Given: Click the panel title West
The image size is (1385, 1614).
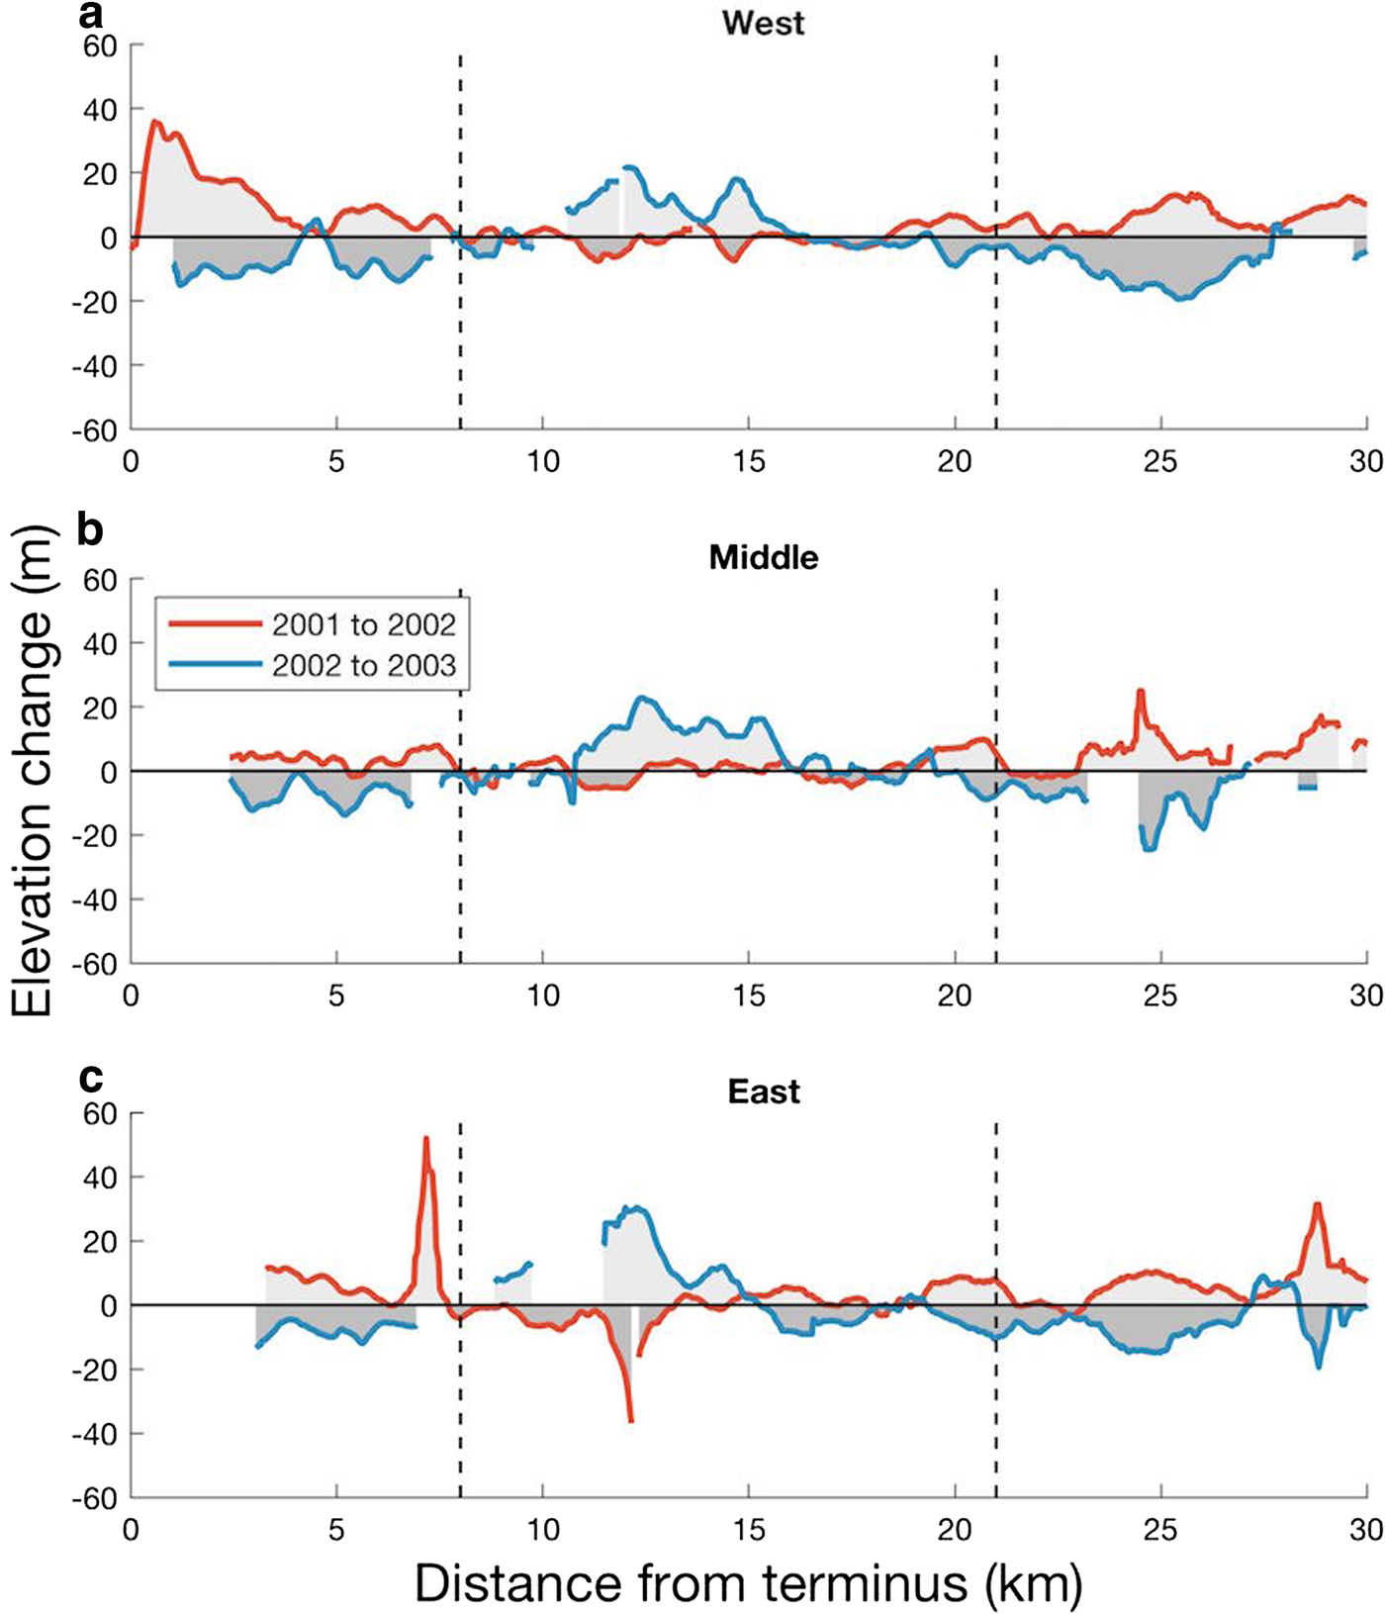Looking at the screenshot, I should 763,23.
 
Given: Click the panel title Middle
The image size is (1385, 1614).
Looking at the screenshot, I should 763,557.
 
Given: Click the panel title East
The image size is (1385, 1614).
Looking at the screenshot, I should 763,1092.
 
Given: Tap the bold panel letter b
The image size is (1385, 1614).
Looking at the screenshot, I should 91,530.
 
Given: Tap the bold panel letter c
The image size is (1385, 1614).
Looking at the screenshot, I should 91,1077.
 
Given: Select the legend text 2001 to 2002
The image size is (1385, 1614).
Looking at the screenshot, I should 364,624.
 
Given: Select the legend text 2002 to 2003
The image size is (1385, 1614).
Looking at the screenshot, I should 364,664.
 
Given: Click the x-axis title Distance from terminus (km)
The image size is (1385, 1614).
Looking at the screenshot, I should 748,1582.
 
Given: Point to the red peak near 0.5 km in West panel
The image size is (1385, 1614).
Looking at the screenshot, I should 154,122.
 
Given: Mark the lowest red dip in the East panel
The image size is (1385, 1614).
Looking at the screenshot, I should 630,1421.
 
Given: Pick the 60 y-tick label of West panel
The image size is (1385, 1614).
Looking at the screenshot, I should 99,46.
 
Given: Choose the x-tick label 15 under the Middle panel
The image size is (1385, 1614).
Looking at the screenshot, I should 749,995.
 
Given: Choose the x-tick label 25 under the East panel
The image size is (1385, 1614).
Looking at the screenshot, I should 1160,1530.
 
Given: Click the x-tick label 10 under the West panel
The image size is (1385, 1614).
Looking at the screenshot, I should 543,461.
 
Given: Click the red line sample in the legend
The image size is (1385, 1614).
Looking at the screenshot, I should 214,623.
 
